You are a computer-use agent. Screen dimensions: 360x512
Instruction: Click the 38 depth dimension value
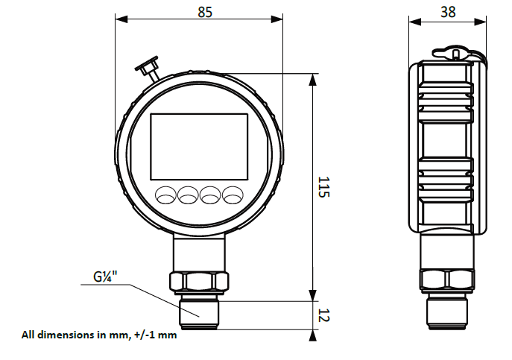coord(448,12)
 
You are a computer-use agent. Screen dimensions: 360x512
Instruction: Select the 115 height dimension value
coord(323,187)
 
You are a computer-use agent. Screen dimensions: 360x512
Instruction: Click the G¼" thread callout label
coord(105,278)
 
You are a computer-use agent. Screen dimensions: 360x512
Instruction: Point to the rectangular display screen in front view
coord(199,144)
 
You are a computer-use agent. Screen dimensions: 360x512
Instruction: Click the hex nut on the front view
coord(198,282)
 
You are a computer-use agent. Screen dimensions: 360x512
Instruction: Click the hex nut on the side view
coord(447,280)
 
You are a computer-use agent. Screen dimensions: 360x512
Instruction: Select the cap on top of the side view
coord(451,54)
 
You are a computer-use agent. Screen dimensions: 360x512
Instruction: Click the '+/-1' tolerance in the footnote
coord(146,335)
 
